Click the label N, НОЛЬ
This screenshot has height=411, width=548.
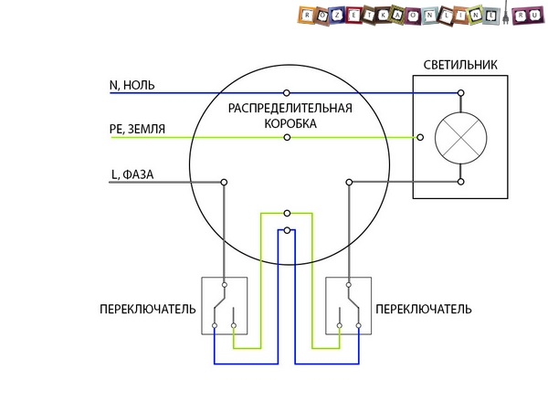(x=132, y=85)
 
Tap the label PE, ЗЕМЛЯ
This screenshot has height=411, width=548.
(x=137, y=130)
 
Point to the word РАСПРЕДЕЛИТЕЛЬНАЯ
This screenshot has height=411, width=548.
(x=290, y=108)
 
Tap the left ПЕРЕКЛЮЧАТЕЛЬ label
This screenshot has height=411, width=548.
(x=147, y=310)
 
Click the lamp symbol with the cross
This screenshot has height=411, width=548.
(x=459, y=138)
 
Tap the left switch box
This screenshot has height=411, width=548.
(x=225, y=305)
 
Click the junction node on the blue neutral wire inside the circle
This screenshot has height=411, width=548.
(x=288, y=93)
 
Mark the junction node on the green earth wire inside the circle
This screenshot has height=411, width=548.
(x=288, y=138)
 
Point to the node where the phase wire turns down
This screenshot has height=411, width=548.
(x=224, y=183)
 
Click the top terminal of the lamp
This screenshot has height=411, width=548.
(x=460, y=93)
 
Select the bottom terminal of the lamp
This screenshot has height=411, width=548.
(x=460, y=183)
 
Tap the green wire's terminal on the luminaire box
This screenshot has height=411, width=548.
(x=419, y=138)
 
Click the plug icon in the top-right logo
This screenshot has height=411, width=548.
(x=532, y=16)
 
